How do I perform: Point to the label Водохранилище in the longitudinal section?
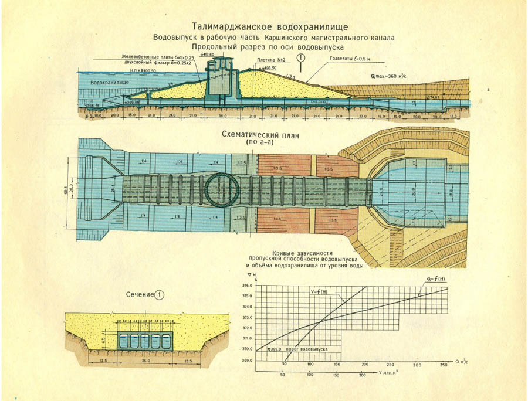coord(110,83)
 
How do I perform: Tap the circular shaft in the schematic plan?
coord(222,189)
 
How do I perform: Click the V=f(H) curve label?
coord(319,291)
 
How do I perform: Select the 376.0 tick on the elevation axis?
coord(246,286)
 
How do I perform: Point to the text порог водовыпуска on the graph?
coord(304,349)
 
